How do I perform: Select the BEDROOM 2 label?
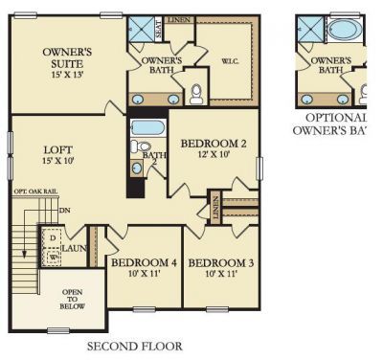pos(214,144)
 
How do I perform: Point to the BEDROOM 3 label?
pos(221,262)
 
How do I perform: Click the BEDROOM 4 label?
pos(144,262)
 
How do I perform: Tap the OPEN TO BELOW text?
pos(72,299)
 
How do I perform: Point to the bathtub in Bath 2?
pos(148,127)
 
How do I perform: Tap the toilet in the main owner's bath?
pos(196,93)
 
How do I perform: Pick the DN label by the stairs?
pos(64,210)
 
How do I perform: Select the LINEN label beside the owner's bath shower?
pos(178,19)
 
